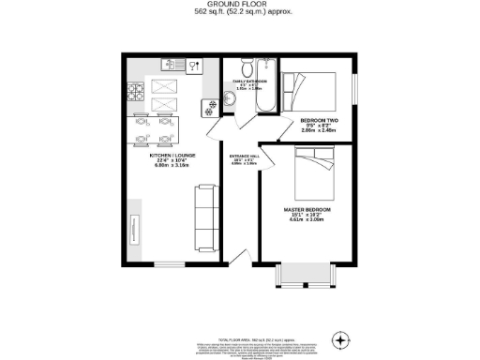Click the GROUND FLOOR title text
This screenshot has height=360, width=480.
coord(240,6)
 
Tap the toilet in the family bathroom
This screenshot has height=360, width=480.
coord(245,68)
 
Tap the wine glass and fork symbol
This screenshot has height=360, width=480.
coord(195,66)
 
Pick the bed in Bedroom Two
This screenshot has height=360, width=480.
coord(314,89)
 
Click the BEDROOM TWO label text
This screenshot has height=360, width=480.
coord(319,121)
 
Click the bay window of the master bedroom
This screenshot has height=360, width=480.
coord(302,276)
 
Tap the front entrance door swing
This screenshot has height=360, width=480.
coord(240,258)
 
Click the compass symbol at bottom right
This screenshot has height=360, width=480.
coord(340,338)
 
